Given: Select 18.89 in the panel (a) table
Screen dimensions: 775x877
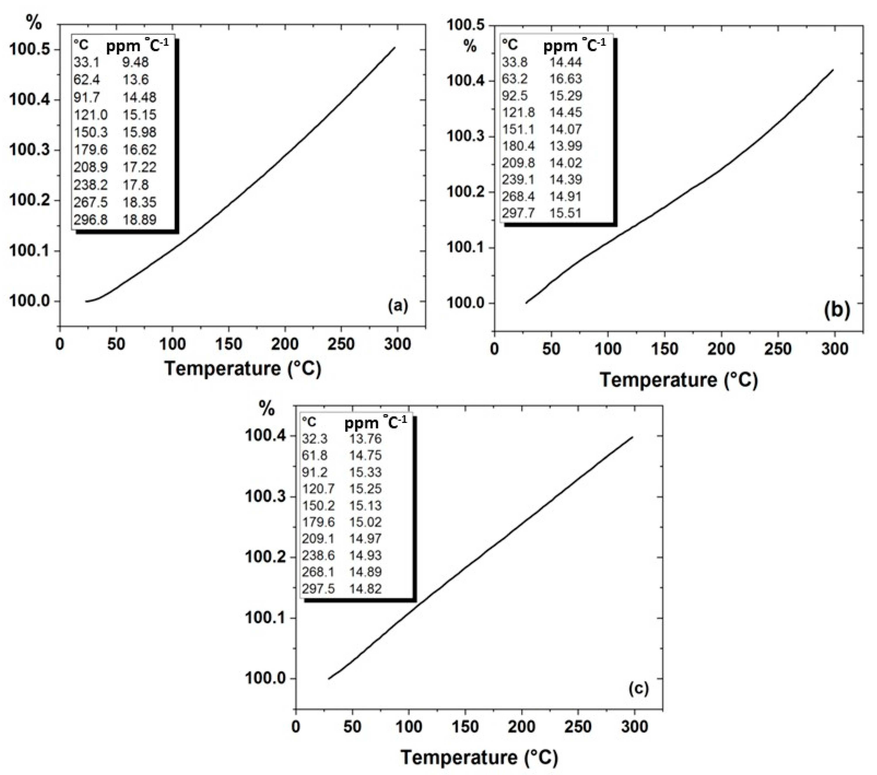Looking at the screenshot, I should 139,220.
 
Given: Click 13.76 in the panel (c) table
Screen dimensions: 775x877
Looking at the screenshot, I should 365,439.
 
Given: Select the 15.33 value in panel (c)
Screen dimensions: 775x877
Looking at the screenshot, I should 365,472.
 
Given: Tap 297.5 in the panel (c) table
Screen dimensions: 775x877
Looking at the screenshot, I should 318,589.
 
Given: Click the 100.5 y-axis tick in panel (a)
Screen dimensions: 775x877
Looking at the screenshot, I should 29,50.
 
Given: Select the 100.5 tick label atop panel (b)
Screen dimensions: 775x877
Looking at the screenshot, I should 467,25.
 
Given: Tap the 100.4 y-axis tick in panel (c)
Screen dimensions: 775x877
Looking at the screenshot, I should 265,436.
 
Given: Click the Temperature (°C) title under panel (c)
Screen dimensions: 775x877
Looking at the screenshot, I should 479,758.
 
